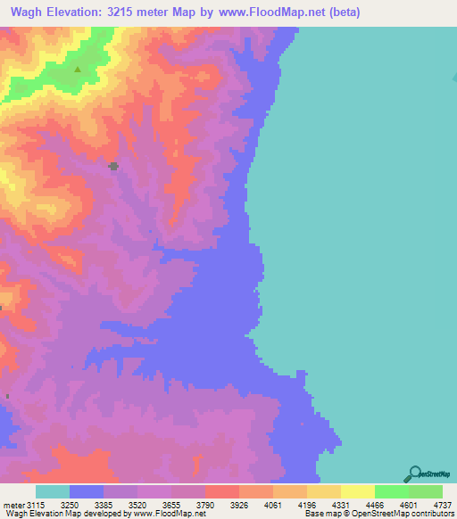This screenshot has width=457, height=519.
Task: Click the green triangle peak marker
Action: coord(78,69)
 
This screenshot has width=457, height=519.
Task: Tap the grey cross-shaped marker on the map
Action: coord(113,166)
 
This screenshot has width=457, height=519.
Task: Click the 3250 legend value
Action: coord(82,506)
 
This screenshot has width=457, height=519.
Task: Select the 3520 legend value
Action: coord(150,506)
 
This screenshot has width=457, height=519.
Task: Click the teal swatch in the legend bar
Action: coord(53,491)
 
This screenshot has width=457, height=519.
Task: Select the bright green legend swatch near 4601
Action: coord(391,491)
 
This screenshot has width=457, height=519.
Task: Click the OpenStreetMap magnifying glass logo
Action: coord(413,474)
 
